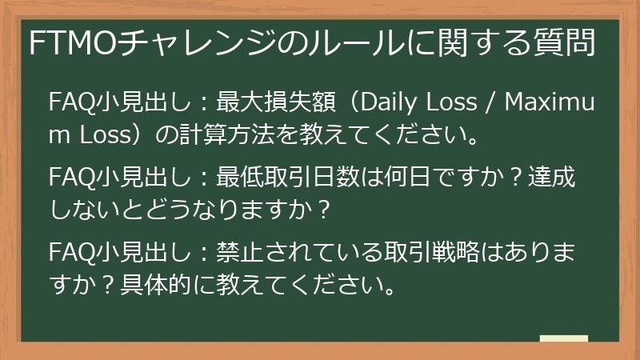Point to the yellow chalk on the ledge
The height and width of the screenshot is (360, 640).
click(564, 339)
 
